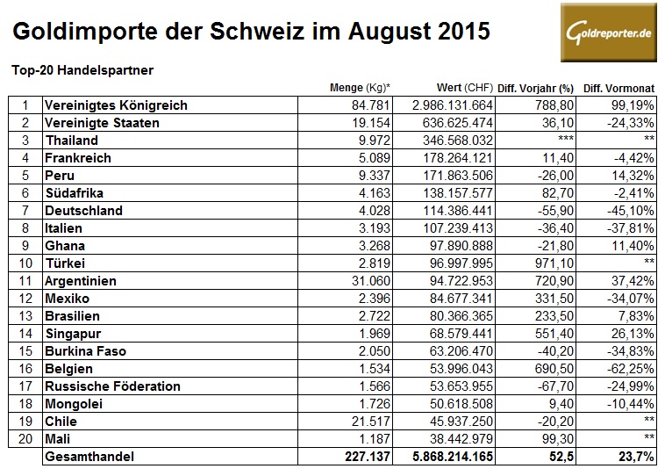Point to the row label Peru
(59, 176)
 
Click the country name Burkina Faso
(85, 351)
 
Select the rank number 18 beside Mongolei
(25, 404)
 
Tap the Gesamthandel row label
(91, 458)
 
